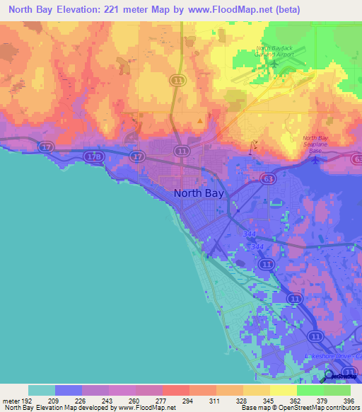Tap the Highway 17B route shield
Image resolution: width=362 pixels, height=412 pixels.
tap(93, 156)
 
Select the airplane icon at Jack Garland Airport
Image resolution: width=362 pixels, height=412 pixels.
tap(274, 68)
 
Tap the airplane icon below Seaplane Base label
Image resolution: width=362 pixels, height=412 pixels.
tap(315, 159)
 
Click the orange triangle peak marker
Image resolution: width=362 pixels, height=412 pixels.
tap(200, 120)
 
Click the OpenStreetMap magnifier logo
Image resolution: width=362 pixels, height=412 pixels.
tap(329, 375)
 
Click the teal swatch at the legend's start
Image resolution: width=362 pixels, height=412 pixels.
tap(42, 390)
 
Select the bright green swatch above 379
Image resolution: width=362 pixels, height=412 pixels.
tap(310, 390)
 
